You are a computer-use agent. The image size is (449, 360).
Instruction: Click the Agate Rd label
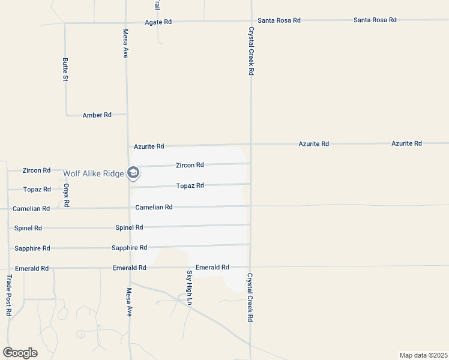[158, 22]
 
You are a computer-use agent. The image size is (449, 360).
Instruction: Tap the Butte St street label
[65, 70]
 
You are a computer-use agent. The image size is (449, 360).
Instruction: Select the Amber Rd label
[97, 115]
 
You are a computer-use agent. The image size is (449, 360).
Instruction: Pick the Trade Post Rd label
[9, 295]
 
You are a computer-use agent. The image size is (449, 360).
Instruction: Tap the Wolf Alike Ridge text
[94, 173]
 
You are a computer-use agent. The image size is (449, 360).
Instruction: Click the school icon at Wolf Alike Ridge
[133, 173]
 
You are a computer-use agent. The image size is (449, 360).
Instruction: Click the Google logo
[20, 353]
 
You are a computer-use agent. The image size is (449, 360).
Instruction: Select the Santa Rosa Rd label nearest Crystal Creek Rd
[279, 20]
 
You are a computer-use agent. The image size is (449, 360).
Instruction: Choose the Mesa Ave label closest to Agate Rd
[126, 44]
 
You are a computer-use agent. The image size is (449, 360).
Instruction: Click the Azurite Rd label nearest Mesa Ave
[149, 146]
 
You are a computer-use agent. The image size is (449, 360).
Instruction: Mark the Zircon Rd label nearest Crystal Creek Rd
[190, 165]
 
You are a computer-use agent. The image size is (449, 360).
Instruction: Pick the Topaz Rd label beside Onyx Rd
[37, 189]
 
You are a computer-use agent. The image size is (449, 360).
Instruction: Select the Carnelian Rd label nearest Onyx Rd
[31, 209]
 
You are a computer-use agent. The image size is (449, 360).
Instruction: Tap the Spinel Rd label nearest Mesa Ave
[129, 227]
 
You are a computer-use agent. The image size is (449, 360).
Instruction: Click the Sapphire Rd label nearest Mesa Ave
[129, 247]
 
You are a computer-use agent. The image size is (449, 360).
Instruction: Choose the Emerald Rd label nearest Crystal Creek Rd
[212, 267]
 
